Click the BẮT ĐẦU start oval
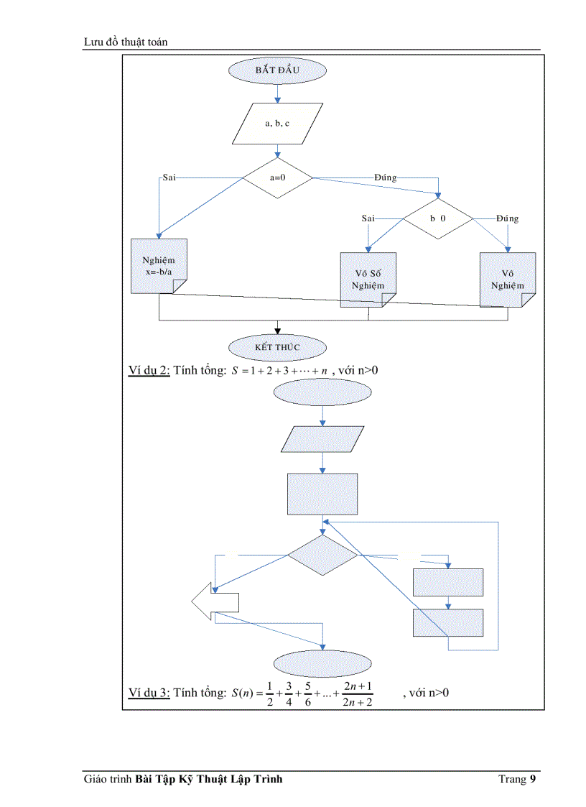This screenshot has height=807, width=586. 277,70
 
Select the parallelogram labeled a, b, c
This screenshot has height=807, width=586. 277,124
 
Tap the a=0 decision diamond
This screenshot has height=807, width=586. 277,177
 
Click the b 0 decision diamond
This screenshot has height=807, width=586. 438,217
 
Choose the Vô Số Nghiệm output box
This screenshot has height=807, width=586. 368,280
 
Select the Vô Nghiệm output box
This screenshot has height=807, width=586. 508,280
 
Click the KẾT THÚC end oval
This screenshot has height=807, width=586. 277,347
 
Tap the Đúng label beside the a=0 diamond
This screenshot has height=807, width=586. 386,177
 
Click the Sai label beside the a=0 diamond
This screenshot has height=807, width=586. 169,177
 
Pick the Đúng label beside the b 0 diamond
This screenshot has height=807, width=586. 507,218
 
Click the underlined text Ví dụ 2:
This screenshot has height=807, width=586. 149,370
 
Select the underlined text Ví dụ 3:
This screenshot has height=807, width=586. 149,693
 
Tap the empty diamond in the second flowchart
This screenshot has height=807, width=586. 322,555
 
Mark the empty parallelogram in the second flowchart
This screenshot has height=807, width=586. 322,439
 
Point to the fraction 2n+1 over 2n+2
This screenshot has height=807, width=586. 358,693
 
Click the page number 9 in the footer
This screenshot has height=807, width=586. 533,779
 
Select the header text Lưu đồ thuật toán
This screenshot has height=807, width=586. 126,42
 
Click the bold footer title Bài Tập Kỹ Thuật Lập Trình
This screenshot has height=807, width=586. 208,779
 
